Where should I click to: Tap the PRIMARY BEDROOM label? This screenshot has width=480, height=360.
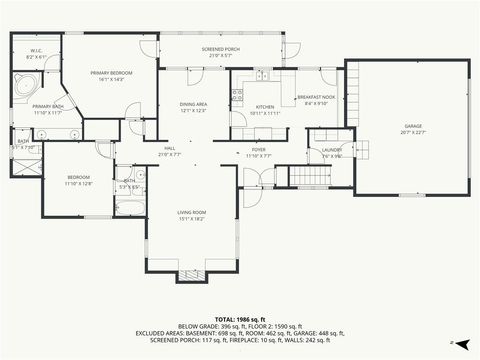click(113, 73)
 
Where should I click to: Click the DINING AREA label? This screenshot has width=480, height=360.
click(193, 104)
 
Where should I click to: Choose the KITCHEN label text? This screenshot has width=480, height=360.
click(265, 106)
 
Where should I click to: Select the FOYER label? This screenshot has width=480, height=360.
click(258, 150)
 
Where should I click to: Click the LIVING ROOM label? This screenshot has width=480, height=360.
click(192, 212)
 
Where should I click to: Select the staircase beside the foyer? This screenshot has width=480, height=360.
click(310, 176)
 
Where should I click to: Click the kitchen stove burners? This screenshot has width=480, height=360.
click(238, 95)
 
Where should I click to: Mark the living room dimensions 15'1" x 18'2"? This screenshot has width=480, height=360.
click(192, 218)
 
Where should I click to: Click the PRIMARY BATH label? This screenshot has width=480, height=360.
click(48, 106)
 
